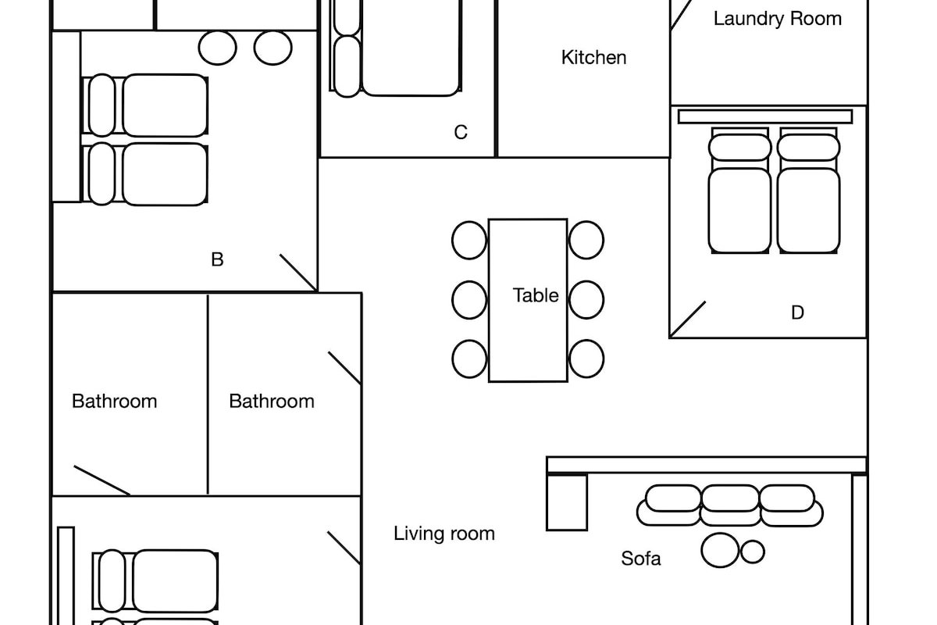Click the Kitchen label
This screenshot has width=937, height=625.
(x=593, y=57)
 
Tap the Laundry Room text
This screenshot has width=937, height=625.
(x=777, y=18)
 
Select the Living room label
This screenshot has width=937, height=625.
(x=444, y=534)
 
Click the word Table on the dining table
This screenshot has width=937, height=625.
(x=536, y=295)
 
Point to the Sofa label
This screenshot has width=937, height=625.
(x=641, y=559)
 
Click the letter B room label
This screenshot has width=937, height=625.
(x=217, y=259)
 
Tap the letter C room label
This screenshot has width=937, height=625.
(x=461, y=133)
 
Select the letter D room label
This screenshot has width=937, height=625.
(x=797, y=312)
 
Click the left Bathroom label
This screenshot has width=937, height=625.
(x=114, y=401)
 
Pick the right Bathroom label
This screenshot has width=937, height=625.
(x=271, y=401)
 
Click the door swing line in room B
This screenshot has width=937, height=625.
(x=298, y=273)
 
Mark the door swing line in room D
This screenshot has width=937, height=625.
(x=688, y=320)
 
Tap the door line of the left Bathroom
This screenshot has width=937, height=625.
(x=102, y=480)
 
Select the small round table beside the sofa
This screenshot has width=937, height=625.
(x=752, y=552)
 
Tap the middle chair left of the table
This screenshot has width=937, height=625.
(x=469, y=299)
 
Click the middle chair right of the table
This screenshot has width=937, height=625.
(x=586, y=299)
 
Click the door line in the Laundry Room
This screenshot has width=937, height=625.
(x=682, y=15)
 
